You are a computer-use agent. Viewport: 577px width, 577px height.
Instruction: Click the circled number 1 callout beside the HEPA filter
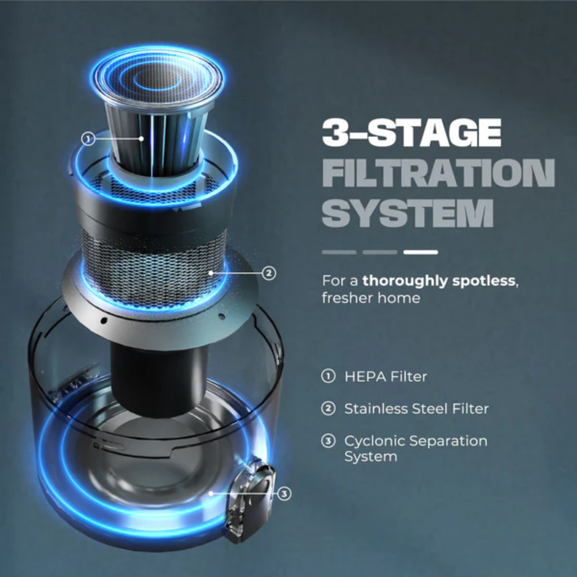point(88,139)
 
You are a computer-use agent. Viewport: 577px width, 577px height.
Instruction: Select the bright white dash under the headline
point(421,252)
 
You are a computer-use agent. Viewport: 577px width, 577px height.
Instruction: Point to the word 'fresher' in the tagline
point(347,298)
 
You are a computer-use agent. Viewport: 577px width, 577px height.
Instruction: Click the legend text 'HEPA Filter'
point(386,377)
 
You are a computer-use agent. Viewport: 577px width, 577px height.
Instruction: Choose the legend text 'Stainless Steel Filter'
point(416,409)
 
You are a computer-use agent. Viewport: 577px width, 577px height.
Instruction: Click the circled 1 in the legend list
point(328,376)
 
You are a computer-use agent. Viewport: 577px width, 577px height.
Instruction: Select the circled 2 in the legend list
point(328,409)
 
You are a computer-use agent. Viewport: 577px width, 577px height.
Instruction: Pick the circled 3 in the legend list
point(328,441)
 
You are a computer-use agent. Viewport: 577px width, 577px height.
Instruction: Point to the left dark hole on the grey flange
point(104,320)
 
